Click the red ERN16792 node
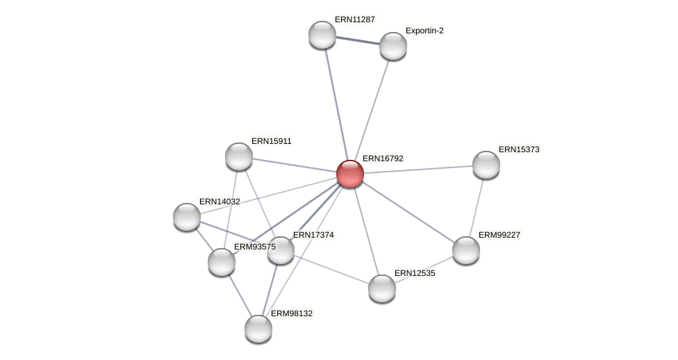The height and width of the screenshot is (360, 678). pos(350,174)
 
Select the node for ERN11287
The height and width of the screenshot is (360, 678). pos(322,35)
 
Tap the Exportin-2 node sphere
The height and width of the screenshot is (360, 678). pos(392,46)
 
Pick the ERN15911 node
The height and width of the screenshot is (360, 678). pos(239,156)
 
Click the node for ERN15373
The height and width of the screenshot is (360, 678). pos(486,165)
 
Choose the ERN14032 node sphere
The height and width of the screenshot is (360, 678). pos(187,217)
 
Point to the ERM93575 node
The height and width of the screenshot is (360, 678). pos(222,262)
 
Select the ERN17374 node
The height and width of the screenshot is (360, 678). pos(281,250)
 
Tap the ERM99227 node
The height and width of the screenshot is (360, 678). pos(466,250)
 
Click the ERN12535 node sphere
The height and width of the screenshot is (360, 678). pos(382,288)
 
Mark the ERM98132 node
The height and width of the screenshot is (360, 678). pos(258,329)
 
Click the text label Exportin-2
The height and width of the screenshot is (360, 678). pos(424,31)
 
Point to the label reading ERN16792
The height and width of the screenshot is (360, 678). pos(383,158)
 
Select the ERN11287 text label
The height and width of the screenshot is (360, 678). pos(355,19)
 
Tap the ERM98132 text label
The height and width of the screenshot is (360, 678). pos(291,313)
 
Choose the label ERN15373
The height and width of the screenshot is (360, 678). pos(519,149)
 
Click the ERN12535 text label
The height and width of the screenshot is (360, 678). pos(415,273)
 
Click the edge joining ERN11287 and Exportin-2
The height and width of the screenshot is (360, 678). pos(357,40)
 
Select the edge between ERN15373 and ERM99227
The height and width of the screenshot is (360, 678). pos(477,207)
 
